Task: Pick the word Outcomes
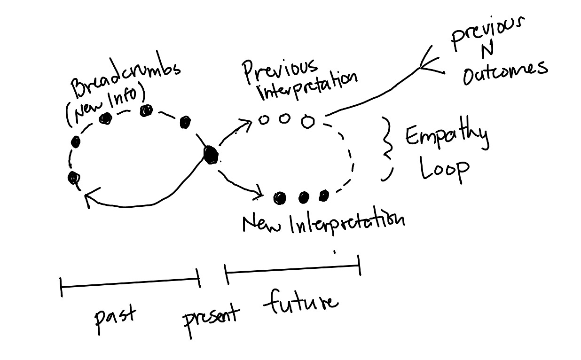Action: coord(505,73)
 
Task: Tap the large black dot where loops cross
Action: coord(211,154)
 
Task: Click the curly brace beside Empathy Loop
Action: coord(388,149)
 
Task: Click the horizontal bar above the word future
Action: coord(292,269)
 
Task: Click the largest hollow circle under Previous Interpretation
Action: coord(307,122)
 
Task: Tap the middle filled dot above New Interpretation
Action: coord(303,198)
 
